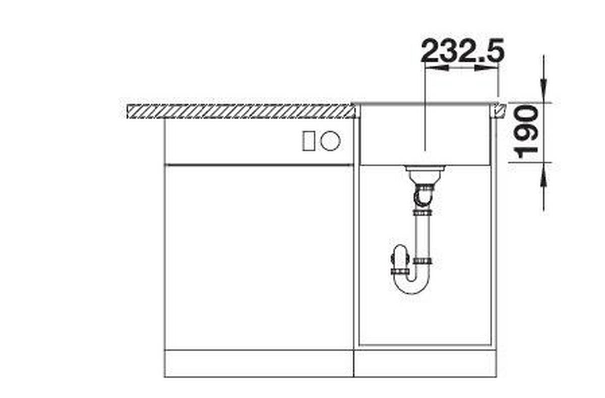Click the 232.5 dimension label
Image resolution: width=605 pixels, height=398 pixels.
point(462,50)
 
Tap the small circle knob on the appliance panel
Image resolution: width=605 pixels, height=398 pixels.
point(330,141)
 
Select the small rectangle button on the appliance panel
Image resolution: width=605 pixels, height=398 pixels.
point(308,141)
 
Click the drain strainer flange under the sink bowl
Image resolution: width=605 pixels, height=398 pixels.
point(425,168)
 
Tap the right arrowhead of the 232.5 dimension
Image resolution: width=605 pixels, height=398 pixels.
point(487,68)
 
